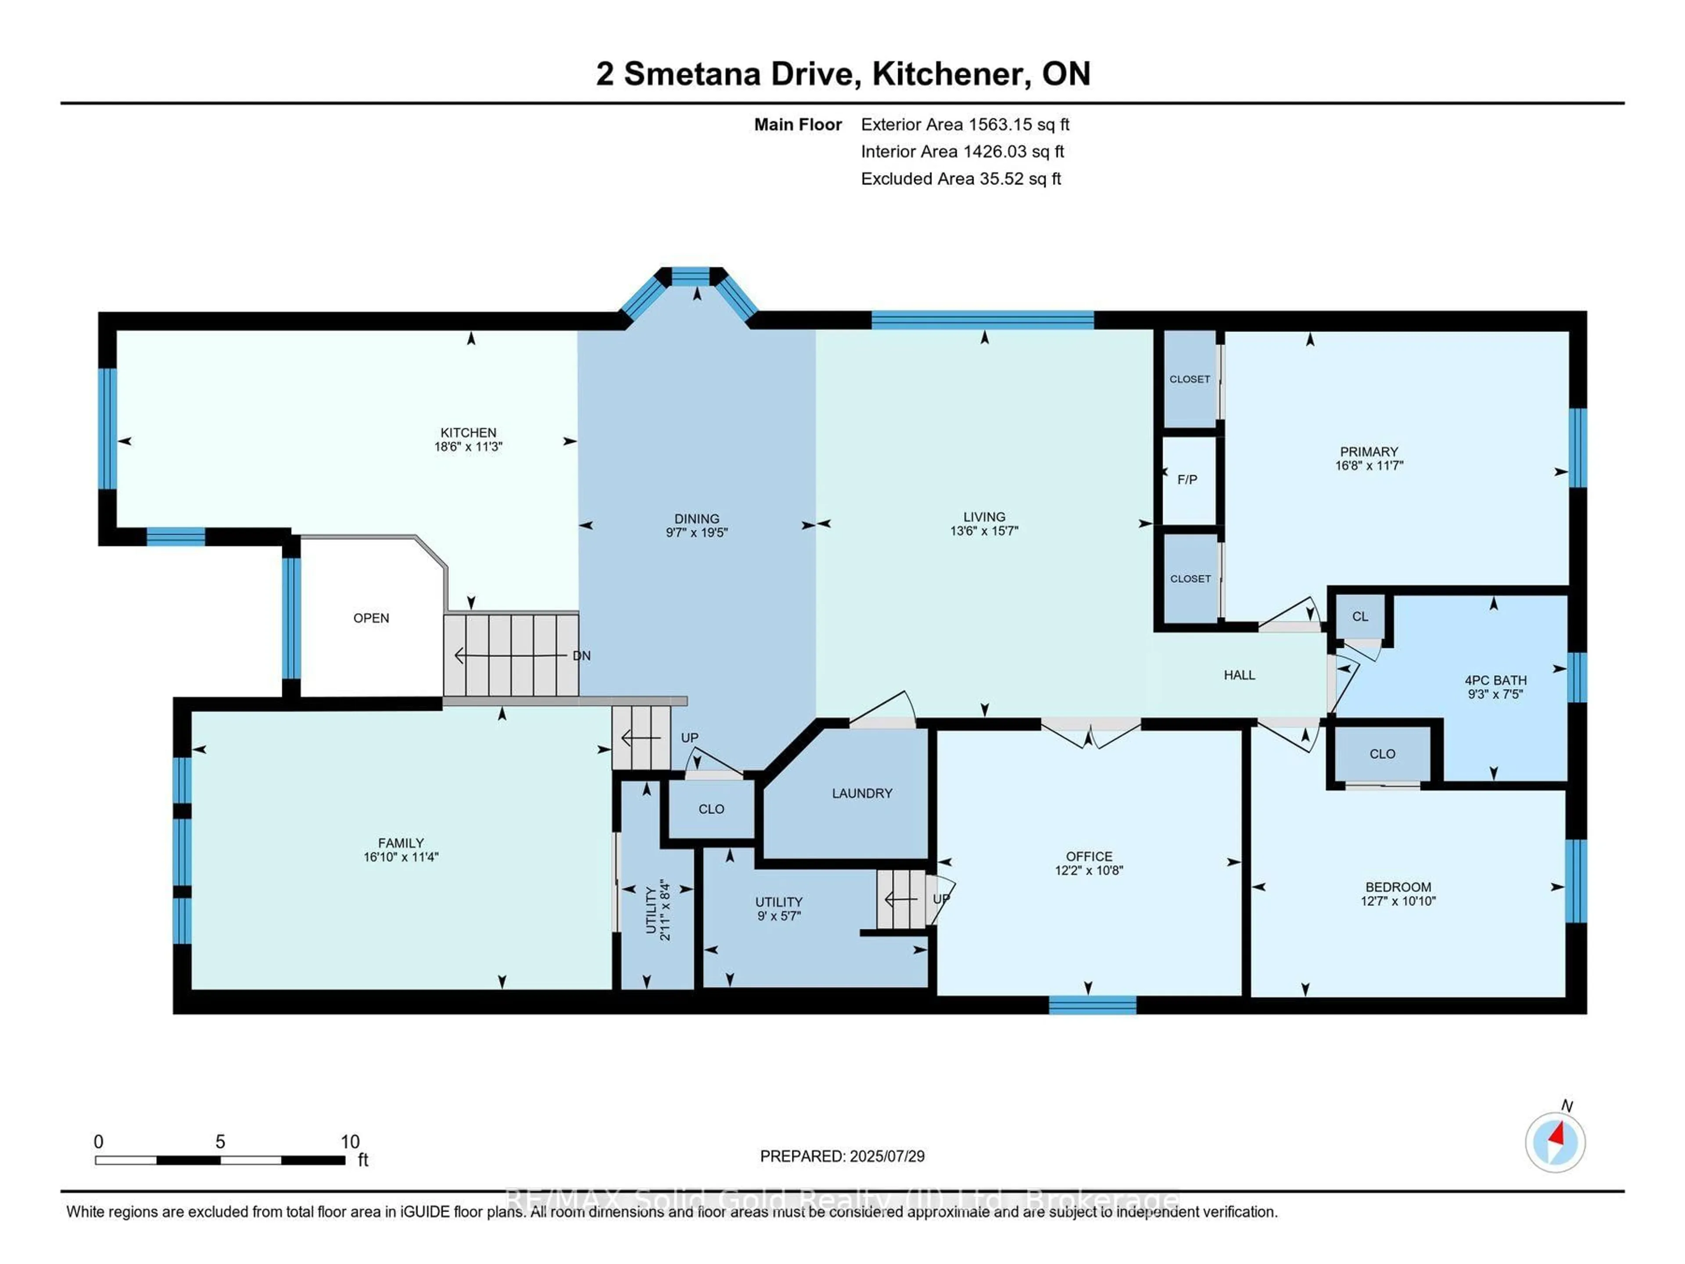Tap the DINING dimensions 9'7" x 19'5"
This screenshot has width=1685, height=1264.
point(696,532)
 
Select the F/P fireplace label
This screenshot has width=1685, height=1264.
point(1187,479)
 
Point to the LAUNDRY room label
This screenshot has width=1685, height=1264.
point(861,793)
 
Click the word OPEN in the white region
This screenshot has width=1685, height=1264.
point(371,618)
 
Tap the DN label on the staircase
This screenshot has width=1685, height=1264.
point(581,655)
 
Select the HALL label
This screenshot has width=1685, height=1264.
point(1239,674)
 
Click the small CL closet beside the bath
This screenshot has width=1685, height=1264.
point(1360,616)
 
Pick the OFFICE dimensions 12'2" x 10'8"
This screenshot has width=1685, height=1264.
point(1089,870)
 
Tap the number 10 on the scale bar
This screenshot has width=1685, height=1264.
point(350,1142)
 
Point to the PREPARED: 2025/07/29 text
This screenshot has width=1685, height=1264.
point(842,1156)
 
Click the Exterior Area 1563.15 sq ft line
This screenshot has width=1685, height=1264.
point(964,124)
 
